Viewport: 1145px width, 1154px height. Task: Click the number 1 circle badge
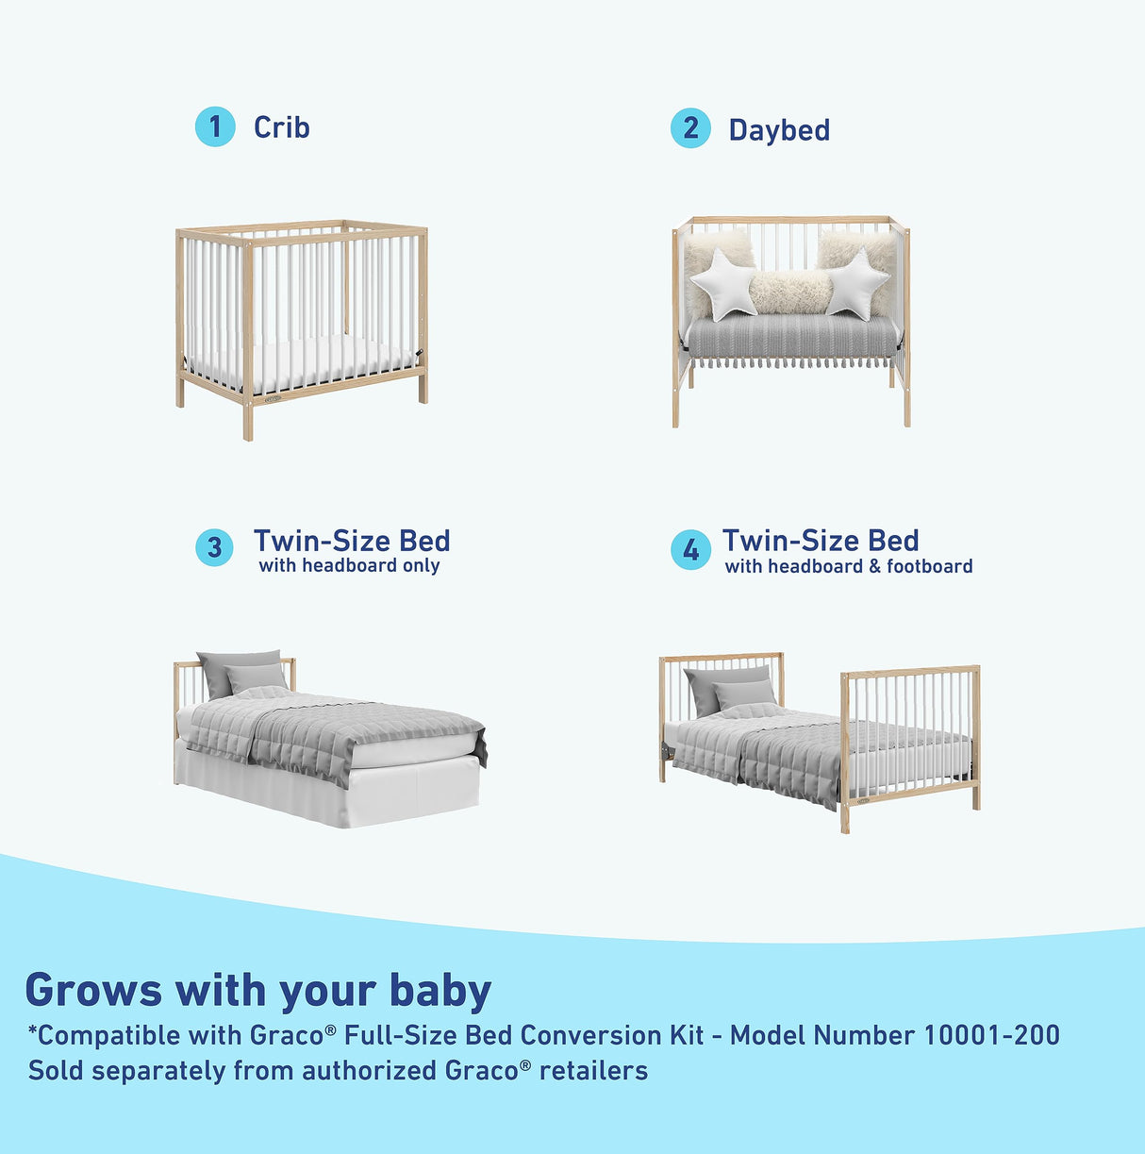pyautogui.click(x=215, y=126)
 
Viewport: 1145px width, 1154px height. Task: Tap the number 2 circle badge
pyautogui.click(x=690, y=128)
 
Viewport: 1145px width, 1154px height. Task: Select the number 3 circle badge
pyautogui.click(x=214, y=547)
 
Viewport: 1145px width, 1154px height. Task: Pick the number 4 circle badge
pyautogui.click(x=690, y=549)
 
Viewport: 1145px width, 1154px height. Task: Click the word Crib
pyautogui.click(x=281, y=127)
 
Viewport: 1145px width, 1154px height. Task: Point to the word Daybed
pyautogui.click(x=779, y=130)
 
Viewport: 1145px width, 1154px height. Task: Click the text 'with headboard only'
pyautogui.click(x=349, y=566)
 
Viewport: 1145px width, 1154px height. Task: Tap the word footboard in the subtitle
pyautogui.click(x=929, y=567)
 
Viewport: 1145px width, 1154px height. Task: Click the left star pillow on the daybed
pyautogui.click(x=723, y=283)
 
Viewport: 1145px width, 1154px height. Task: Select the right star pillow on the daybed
pyautogui.click(x=856, y=282)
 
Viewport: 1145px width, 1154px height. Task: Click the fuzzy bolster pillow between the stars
pyautogui.click(x=791, y=292)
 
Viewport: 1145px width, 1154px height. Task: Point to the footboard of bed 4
pyautogui.click(x=909, y=727)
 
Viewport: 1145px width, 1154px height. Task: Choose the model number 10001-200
pyautogui.click(x=990, y=1035)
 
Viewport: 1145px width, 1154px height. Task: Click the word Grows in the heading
pyautogui.click(x=93, y=991)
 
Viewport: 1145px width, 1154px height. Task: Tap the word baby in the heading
pyautogui.click(x=440, y=991)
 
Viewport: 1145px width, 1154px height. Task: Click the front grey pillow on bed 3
pyautogui.click(x=257, y=677)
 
